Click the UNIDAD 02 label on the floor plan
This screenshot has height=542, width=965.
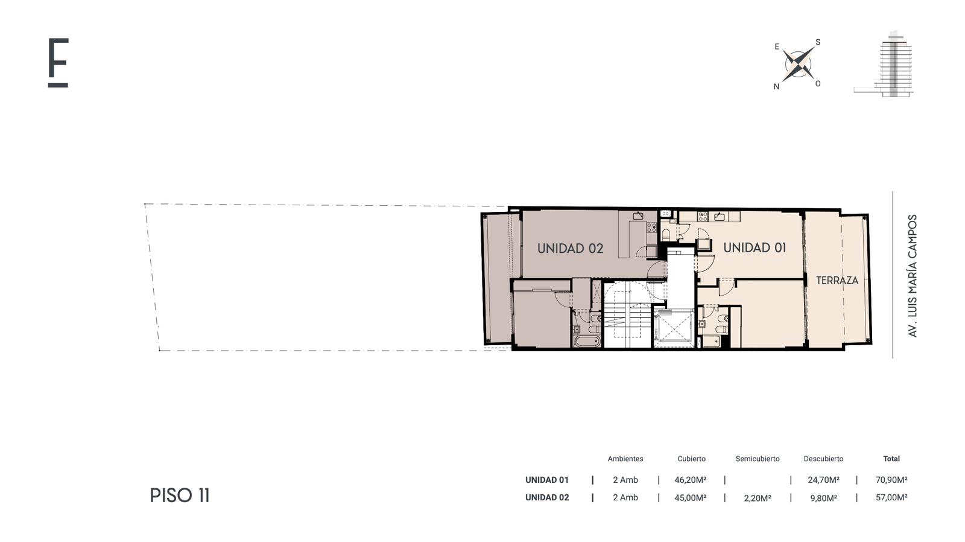click(x=570, y=248)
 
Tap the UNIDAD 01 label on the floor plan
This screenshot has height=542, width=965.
click(x=755, y=247)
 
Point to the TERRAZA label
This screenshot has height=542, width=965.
click(x=837, y=280)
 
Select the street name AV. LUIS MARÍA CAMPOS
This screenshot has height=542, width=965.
click(x=912, y=276)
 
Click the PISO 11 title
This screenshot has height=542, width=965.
click(x=180, y=496)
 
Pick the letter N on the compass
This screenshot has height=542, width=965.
click(x=776, y=87)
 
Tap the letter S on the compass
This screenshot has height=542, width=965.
click(x=818, y=42)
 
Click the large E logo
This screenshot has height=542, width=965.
click(x=58, y=63)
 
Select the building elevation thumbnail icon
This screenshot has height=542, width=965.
click(x=884, y=64)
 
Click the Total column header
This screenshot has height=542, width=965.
click(x=891, y=459)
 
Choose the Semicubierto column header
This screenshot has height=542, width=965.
click(x=758, y=459)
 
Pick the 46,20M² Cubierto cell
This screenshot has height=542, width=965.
click(x=691, y=480)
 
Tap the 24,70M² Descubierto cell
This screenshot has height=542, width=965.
click(x=823, y=480)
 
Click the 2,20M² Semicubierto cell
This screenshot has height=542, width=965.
click(x=758, y=498)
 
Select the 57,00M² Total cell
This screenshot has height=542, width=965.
click(x=891, y=497)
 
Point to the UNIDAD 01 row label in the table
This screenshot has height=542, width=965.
click(x=546, y=480)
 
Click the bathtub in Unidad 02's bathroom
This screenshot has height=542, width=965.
click(x=587, y=342)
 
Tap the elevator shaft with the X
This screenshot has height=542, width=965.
click(x=674, y=328)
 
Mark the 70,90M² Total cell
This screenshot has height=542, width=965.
click(x=891, y=480)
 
